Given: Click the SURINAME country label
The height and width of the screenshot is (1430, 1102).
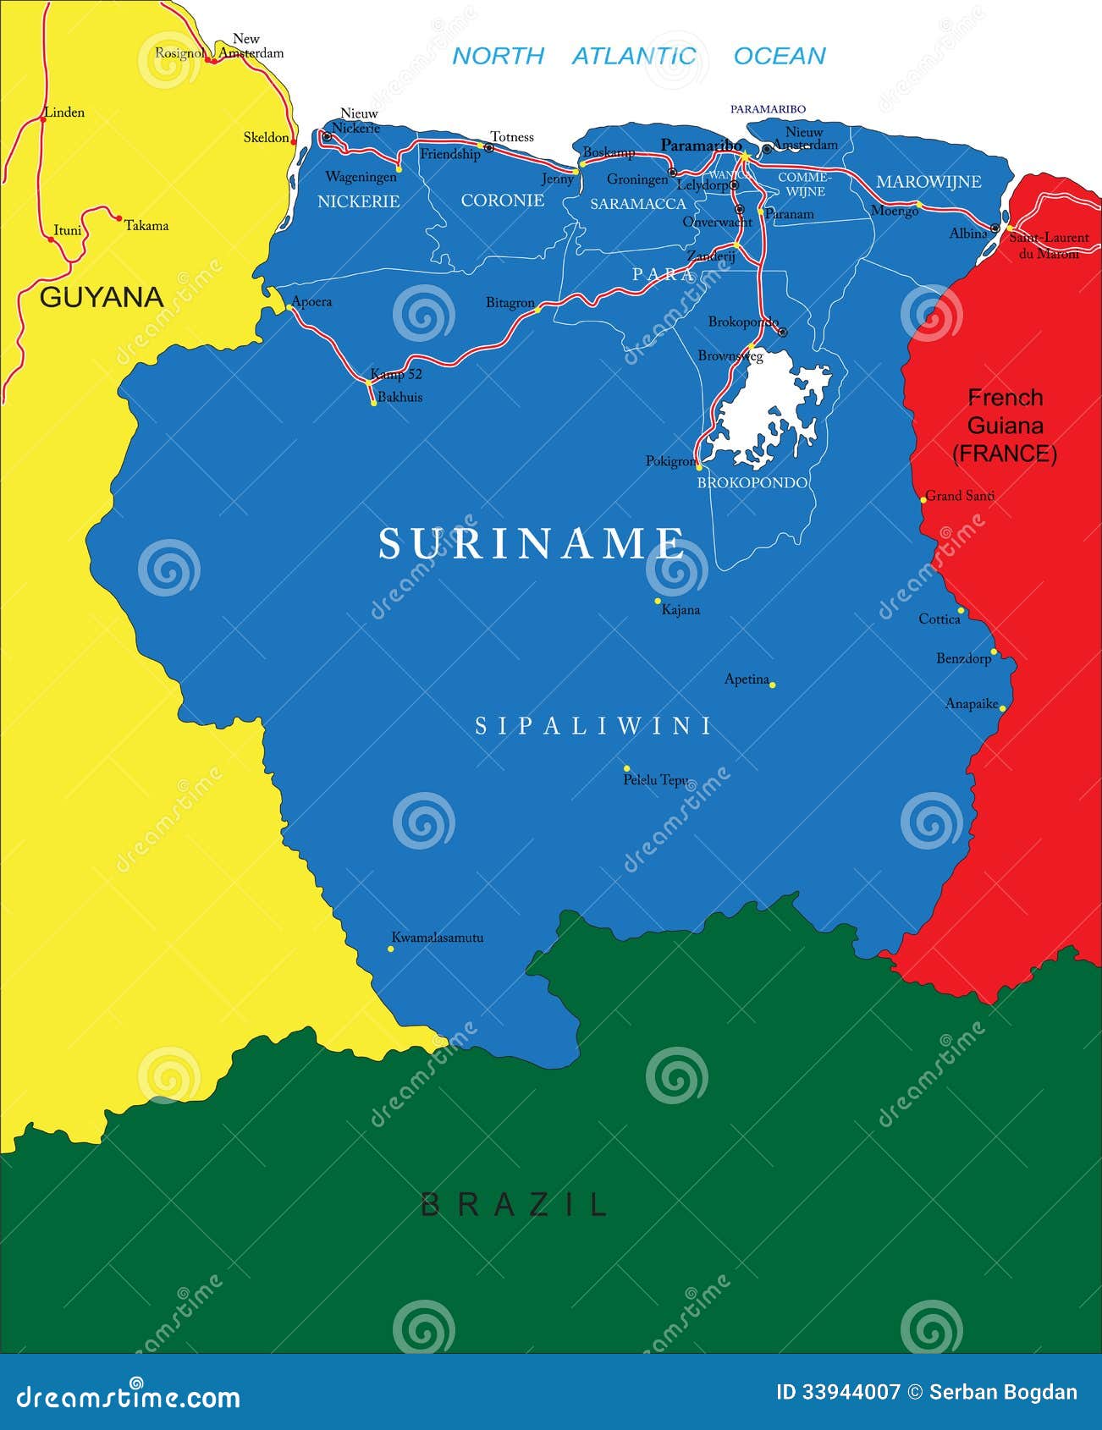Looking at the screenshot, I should click(x=532, y=543).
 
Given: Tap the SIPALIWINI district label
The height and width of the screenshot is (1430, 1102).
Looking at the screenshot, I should click(x=592, y=726).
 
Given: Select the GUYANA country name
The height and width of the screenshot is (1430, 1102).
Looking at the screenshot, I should click(x=102, y=297).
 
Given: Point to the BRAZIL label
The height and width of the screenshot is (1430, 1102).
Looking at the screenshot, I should click(x=515, y=1204).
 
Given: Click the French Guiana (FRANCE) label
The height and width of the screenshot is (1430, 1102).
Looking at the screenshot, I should click(x=1005, y=426).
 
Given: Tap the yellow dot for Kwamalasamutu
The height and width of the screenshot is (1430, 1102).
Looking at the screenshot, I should click(x=390, y=949).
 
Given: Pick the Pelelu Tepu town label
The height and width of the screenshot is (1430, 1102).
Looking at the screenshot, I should click(x=655, y=780).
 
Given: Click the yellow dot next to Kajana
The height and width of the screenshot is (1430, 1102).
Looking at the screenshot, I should click(x=658, y=601).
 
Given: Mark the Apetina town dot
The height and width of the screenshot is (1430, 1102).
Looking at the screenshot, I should click(x=772, y=684).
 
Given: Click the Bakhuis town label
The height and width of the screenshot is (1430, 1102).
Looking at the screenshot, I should click(x=399, y=397).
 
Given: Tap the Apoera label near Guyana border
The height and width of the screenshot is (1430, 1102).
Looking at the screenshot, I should click(x=311, y=301).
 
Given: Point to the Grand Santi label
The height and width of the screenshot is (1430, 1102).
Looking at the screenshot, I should click(x=960, y=496).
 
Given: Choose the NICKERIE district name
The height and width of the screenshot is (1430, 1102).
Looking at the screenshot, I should click(x=358, y=201).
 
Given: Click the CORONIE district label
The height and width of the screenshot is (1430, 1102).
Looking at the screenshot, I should click(x=502, y=201).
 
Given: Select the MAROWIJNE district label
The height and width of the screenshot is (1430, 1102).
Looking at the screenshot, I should click(x=928, y=182).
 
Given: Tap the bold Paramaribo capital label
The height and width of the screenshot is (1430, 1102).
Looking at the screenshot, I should click(x=701, y=145).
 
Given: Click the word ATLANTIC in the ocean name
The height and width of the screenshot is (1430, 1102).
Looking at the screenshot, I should click(x=633, y=56).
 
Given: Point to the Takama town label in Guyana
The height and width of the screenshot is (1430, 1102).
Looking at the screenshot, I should click(x=146, y=226).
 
